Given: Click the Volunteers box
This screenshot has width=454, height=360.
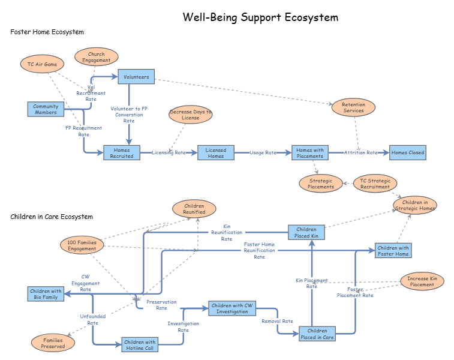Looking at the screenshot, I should point(136,77).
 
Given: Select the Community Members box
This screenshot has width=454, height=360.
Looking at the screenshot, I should point(46,109).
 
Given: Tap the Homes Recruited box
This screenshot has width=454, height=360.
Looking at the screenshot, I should point(122,152).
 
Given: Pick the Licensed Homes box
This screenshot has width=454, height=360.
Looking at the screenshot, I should point(216,152).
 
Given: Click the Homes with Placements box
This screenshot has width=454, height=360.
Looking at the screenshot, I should point(310,152).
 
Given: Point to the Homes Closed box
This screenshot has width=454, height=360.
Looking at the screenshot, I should point(408,152).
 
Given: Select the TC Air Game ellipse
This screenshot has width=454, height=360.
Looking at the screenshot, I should point(42,64).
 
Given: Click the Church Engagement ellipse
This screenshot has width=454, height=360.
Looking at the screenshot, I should point(97,57).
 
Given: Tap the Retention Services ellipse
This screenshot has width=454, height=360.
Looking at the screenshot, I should point(353,107).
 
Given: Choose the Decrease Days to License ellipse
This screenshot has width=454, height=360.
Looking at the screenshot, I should point(191,115).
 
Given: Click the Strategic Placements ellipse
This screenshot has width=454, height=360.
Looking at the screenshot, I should point(321,184).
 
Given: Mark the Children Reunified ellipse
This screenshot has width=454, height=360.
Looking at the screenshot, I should point(194,209).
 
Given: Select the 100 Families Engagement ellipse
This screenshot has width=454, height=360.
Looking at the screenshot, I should point(82,245).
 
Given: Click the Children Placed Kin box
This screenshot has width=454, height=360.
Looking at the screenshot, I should point(306,232).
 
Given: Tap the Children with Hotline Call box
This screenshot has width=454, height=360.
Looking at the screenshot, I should point(140,344).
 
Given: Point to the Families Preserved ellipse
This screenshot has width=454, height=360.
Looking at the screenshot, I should point(53,343).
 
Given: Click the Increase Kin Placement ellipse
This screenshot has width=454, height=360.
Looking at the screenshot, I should point(422,281).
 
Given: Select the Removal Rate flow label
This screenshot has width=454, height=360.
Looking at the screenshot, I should point(277,321).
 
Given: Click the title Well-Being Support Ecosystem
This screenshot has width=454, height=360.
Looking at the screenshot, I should point(260,17).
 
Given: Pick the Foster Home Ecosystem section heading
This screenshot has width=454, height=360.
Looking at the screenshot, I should point(47,32).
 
